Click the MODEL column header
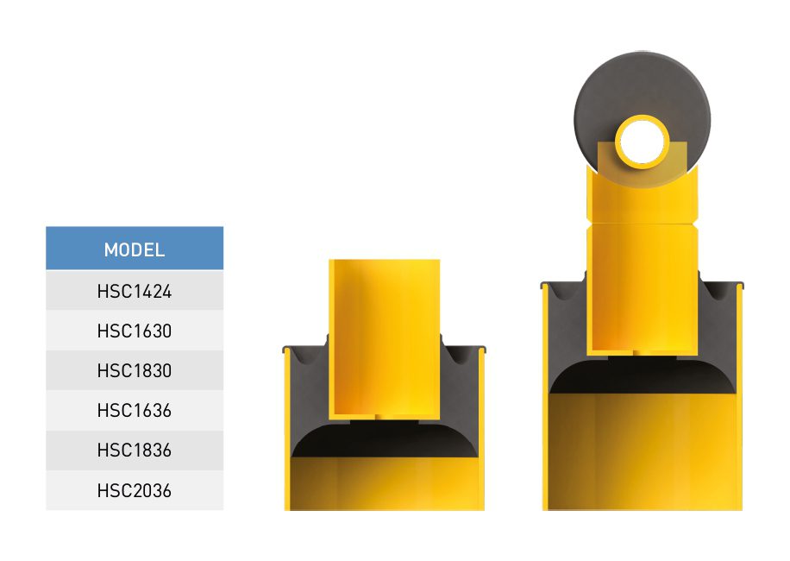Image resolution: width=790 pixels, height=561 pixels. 135,248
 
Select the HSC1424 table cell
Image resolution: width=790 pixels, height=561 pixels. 135,291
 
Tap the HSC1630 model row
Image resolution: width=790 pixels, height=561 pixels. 135,331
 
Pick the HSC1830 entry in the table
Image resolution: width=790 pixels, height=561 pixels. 135,370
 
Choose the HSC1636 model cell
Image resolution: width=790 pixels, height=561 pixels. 135,410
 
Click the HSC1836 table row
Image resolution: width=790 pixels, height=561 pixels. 135,451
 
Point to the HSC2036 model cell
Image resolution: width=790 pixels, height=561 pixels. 135,490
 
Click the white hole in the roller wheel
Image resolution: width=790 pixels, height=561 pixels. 642,142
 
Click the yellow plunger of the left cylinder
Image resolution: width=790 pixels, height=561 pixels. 385,337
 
